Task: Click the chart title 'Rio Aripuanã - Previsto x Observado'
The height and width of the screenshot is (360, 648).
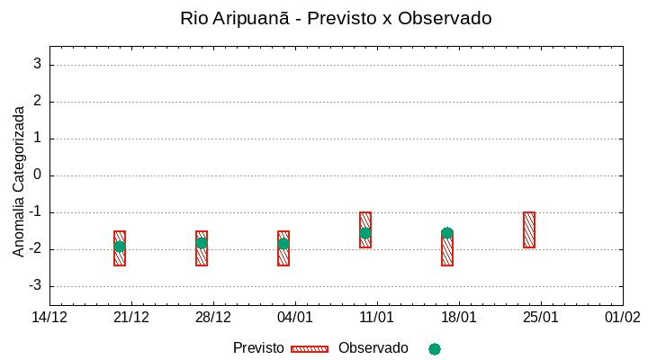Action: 336,18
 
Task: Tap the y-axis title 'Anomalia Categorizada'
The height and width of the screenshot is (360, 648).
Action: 19,181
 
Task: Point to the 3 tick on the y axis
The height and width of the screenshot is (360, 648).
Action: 38,65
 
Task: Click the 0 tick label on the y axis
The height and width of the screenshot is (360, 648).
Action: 38,175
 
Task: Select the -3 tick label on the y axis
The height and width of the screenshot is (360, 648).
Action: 35,286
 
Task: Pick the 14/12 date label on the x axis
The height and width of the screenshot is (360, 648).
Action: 49,318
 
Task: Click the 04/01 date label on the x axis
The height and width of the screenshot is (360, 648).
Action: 295,318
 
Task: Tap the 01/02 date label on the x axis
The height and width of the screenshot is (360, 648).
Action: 622,318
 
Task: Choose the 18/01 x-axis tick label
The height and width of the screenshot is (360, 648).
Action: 458,318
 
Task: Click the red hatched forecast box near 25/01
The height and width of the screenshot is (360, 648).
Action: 529,229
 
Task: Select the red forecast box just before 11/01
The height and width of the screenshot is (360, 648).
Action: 365,229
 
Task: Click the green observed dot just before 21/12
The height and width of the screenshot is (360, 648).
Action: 120,247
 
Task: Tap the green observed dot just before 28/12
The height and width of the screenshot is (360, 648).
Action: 202,243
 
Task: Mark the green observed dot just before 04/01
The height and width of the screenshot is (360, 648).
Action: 283,244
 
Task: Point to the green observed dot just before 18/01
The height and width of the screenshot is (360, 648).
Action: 447,233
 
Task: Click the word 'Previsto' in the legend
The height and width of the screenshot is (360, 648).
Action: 258,348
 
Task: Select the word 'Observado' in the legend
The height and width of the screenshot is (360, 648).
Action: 373,348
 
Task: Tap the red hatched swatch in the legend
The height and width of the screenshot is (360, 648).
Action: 310,349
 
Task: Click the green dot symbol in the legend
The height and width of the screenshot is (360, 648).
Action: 435,349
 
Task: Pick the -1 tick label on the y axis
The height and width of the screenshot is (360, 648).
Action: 35,212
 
